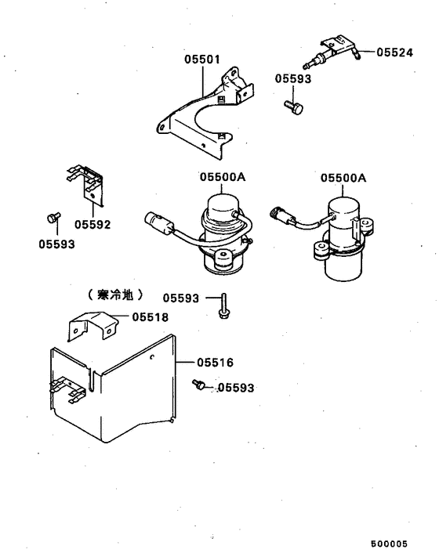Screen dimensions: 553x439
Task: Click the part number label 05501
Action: click(x=202, y=59)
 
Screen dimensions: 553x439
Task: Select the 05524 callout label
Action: click(x=394, y=52)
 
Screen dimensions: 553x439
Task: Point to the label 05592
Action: click(x=93, y=225)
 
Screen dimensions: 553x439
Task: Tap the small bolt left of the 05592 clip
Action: click(x=53, y=216)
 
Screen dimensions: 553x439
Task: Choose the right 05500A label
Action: click(x=343, y=178)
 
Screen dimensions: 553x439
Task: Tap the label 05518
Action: click(x=150, y=316)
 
